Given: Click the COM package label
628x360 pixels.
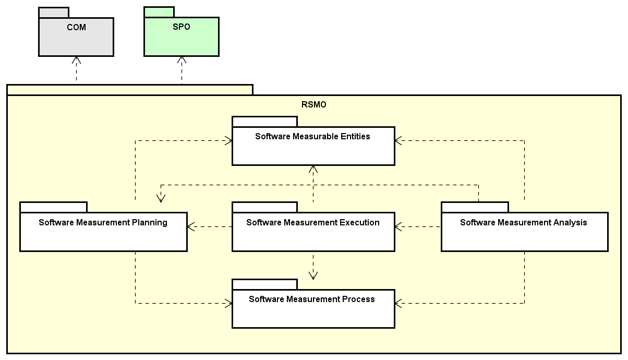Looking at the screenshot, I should click(76, 28).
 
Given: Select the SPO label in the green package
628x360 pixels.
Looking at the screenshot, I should click(181, 27).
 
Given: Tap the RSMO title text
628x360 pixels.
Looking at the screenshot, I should click(313, 104).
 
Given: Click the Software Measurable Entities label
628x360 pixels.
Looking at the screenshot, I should click(312, 137).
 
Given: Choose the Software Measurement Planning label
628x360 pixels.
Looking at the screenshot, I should click(103, 223).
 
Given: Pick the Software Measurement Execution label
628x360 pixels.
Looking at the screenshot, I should click(312, 223).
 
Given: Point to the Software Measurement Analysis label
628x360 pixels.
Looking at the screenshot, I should click(523, 223).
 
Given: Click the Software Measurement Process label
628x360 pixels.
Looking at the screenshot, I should click(311, 299).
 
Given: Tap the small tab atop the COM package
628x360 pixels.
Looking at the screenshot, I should click(53, 13).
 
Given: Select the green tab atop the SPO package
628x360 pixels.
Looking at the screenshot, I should click(159, 13).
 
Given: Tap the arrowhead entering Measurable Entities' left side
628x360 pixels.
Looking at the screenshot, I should click(228, 140).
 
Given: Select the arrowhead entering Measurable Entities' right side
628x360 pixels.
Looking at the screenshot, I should click(398, 140).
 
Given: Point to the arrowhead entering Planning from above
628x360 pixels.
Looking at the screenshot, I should click(161, 198).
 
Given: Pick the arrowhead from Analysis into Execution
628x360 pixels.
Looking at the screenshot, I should click(398, 226).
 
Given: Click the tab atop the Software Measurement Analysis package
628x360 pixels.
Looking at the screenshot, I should click(474, 207).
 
